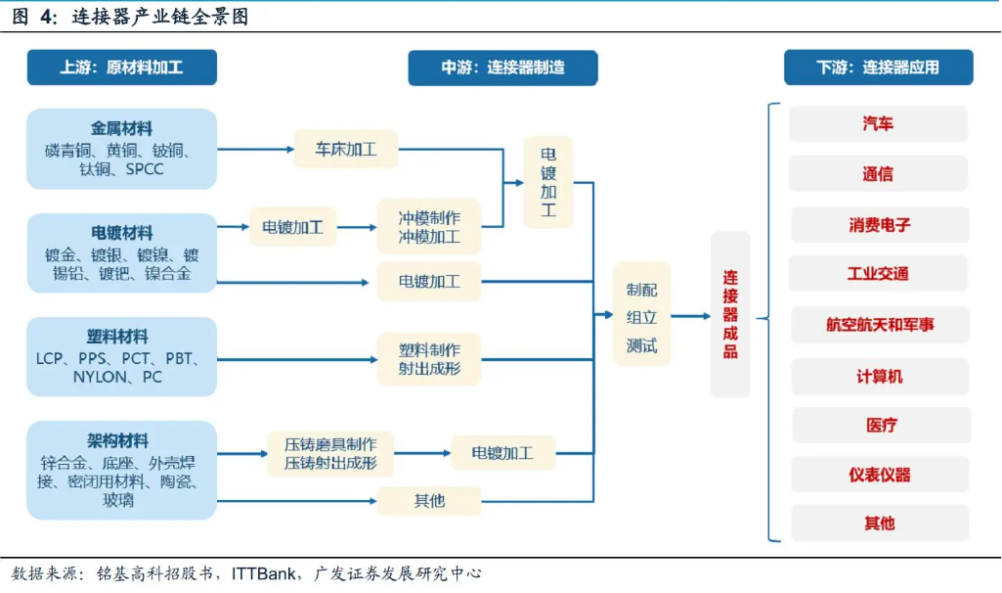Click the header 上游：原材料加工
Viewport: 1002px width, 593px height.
click(x=121, y=68)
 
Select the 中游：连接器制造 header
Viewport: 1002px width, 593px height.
click(x=502, y=68)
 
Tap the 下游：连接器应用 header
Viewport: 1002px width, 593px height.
click(x=878, y=68)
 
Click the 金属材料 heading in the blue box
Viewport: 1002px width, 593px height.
click(x=121, y=128)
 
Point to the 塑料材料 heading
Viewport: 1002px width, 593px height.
click(x=121, y=337)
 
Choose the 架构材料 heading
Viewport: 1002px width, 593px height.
click(x=121, y=441)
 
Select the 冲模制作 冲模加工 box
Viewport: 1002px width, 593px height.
click(x=429, y=226)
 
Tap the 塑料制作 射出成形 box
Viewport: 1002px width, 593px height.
click(x=429, y=359)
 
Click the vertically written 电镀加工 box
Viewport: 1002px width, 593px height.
click(x=547, y=183)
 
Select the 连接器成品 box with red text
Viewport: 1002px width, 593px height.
click(x=730, y=315)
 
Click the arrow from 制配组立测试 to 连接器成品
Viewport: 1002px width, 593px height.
click(x=690, y=316)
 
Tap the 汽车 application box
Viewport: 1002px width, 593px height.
click(x=878, y=124)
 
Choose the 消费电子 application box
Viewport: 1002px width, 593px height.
click(x=879, y=225)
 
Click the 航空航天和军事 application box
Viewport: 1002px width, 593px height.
click(x=879, y=324)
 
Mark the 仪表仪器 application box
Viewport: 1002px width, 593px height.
click(x=879, y=475)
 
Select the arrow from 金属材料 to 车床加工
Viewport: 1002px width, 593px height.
click(x=255, y=150)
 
